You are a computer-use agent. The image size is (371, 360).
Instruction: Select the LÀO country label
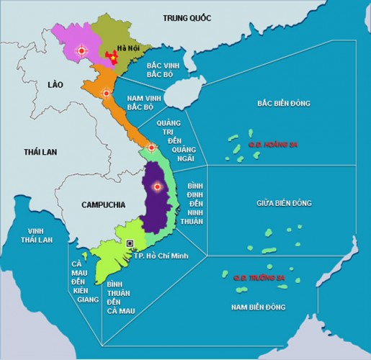coord(55,84)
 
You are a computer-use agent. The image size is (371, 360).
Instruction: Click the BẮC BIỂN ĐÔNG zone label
coord(283,104)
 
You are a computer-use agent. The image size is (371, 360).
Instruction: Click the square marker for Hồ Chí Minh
coord(130,243)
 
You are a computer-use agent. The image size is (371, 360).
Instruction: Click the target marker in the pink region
coord(81,51)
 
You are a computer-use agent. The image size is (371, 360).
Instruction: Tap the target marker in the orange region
coord(107,93)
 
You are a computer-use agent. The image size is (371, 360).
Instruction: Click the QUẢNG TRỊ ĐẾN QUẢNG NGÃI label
coord(173,144)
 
